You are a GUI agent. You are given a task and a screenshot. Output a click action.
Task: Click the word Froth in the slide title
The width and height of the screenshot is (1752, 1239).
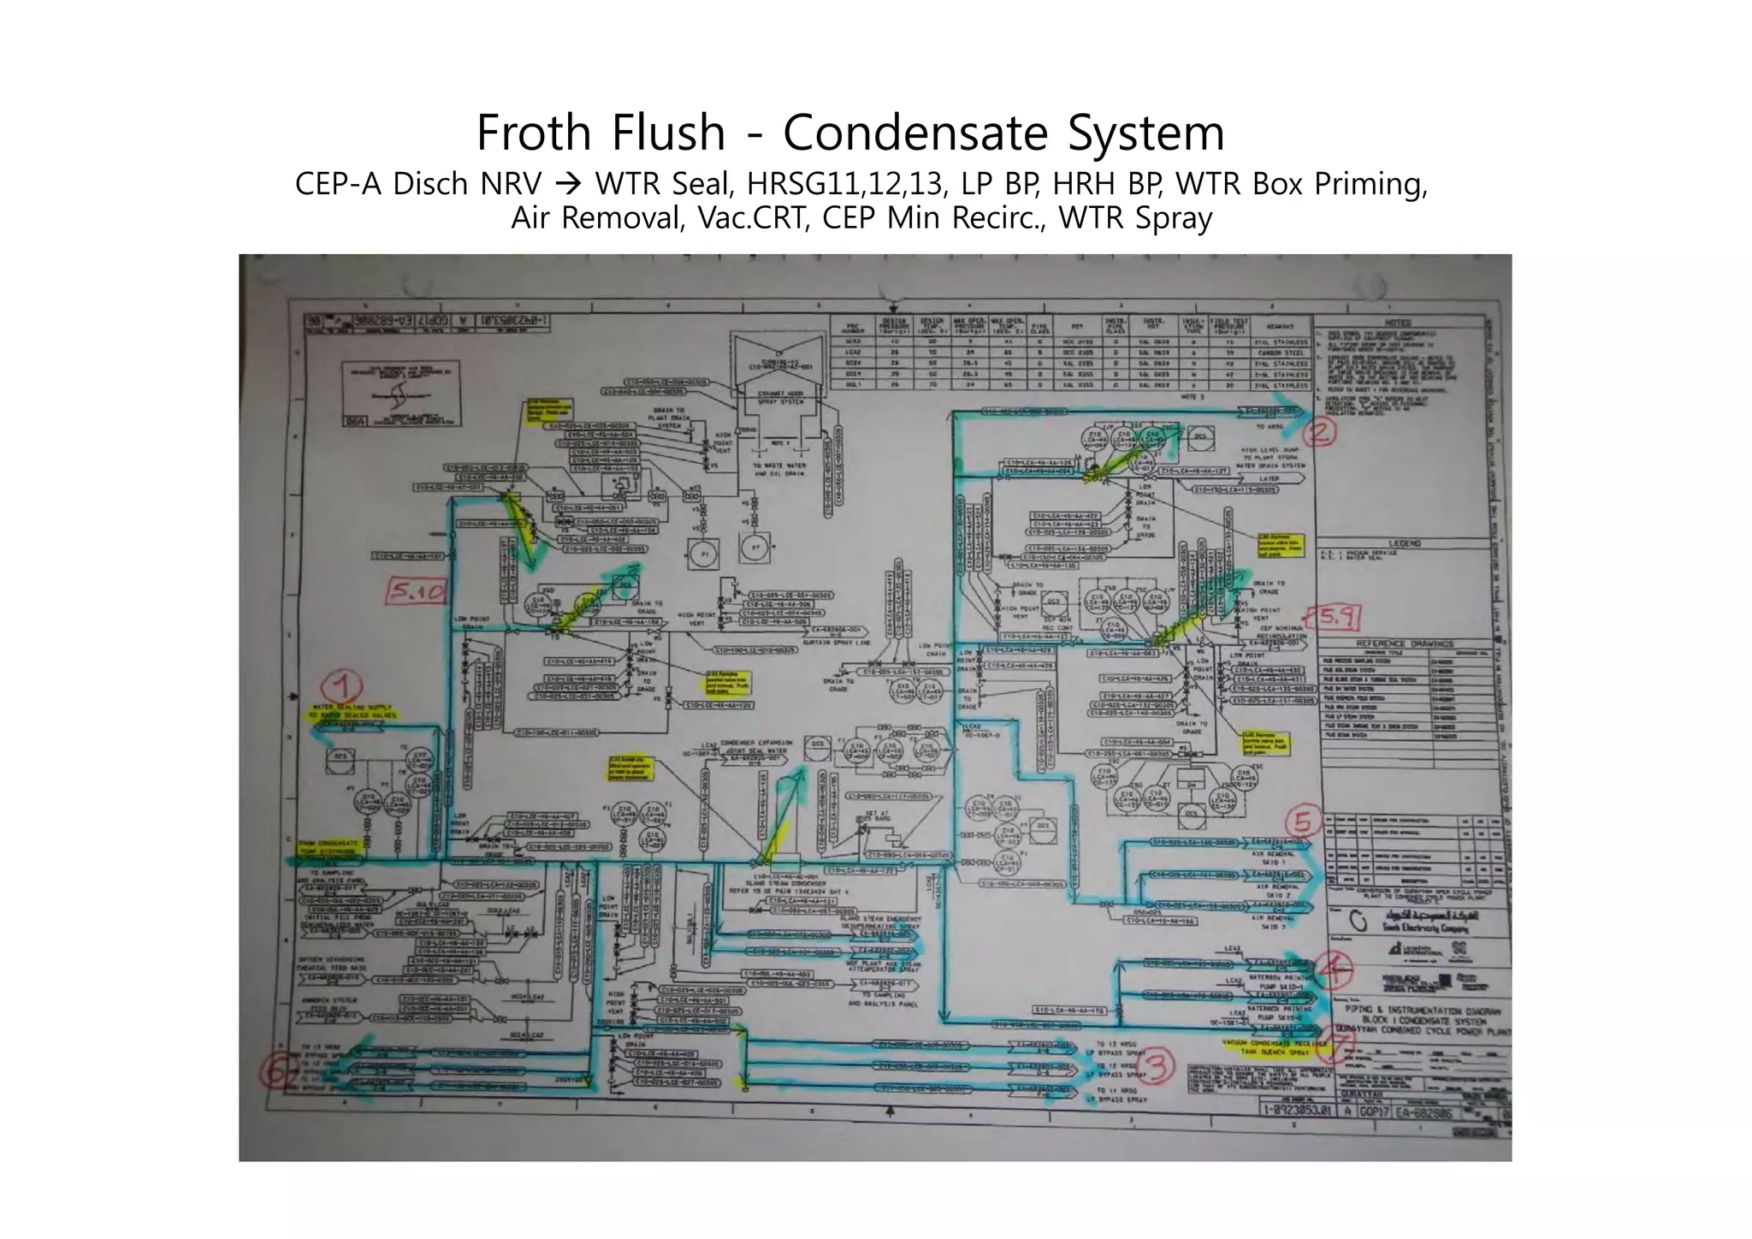tap(533, 133)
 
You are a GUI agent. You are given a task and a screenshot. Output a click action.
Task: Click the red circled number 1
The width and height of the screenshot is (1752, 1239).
tap(342, 686)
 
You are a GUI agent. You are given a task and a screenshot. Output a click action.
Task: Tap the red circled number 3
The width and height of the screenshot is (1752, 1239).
tap(1157, 1066)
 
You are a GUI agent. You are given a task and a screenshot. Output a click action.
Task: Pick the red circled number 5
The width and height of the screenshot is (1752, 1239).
tap(1302, 821)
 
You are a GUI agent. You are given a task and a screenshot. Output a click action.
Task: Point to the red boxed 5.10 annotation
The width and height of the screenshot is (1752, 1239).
tap(417, 590)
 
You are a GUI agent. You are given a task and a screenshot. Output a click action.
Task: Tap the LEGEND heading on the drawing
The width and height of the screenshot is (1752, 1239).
tap(1404, 543)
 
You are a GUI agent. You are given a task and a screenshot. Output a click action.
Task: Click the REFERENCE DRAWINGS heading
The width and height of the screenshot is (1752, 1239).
tap(1399, 643)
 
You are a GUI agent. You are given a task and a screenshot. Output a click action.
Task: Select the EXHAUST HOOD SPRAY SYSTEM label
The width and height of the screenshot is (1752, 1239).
tap(779, 398)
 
